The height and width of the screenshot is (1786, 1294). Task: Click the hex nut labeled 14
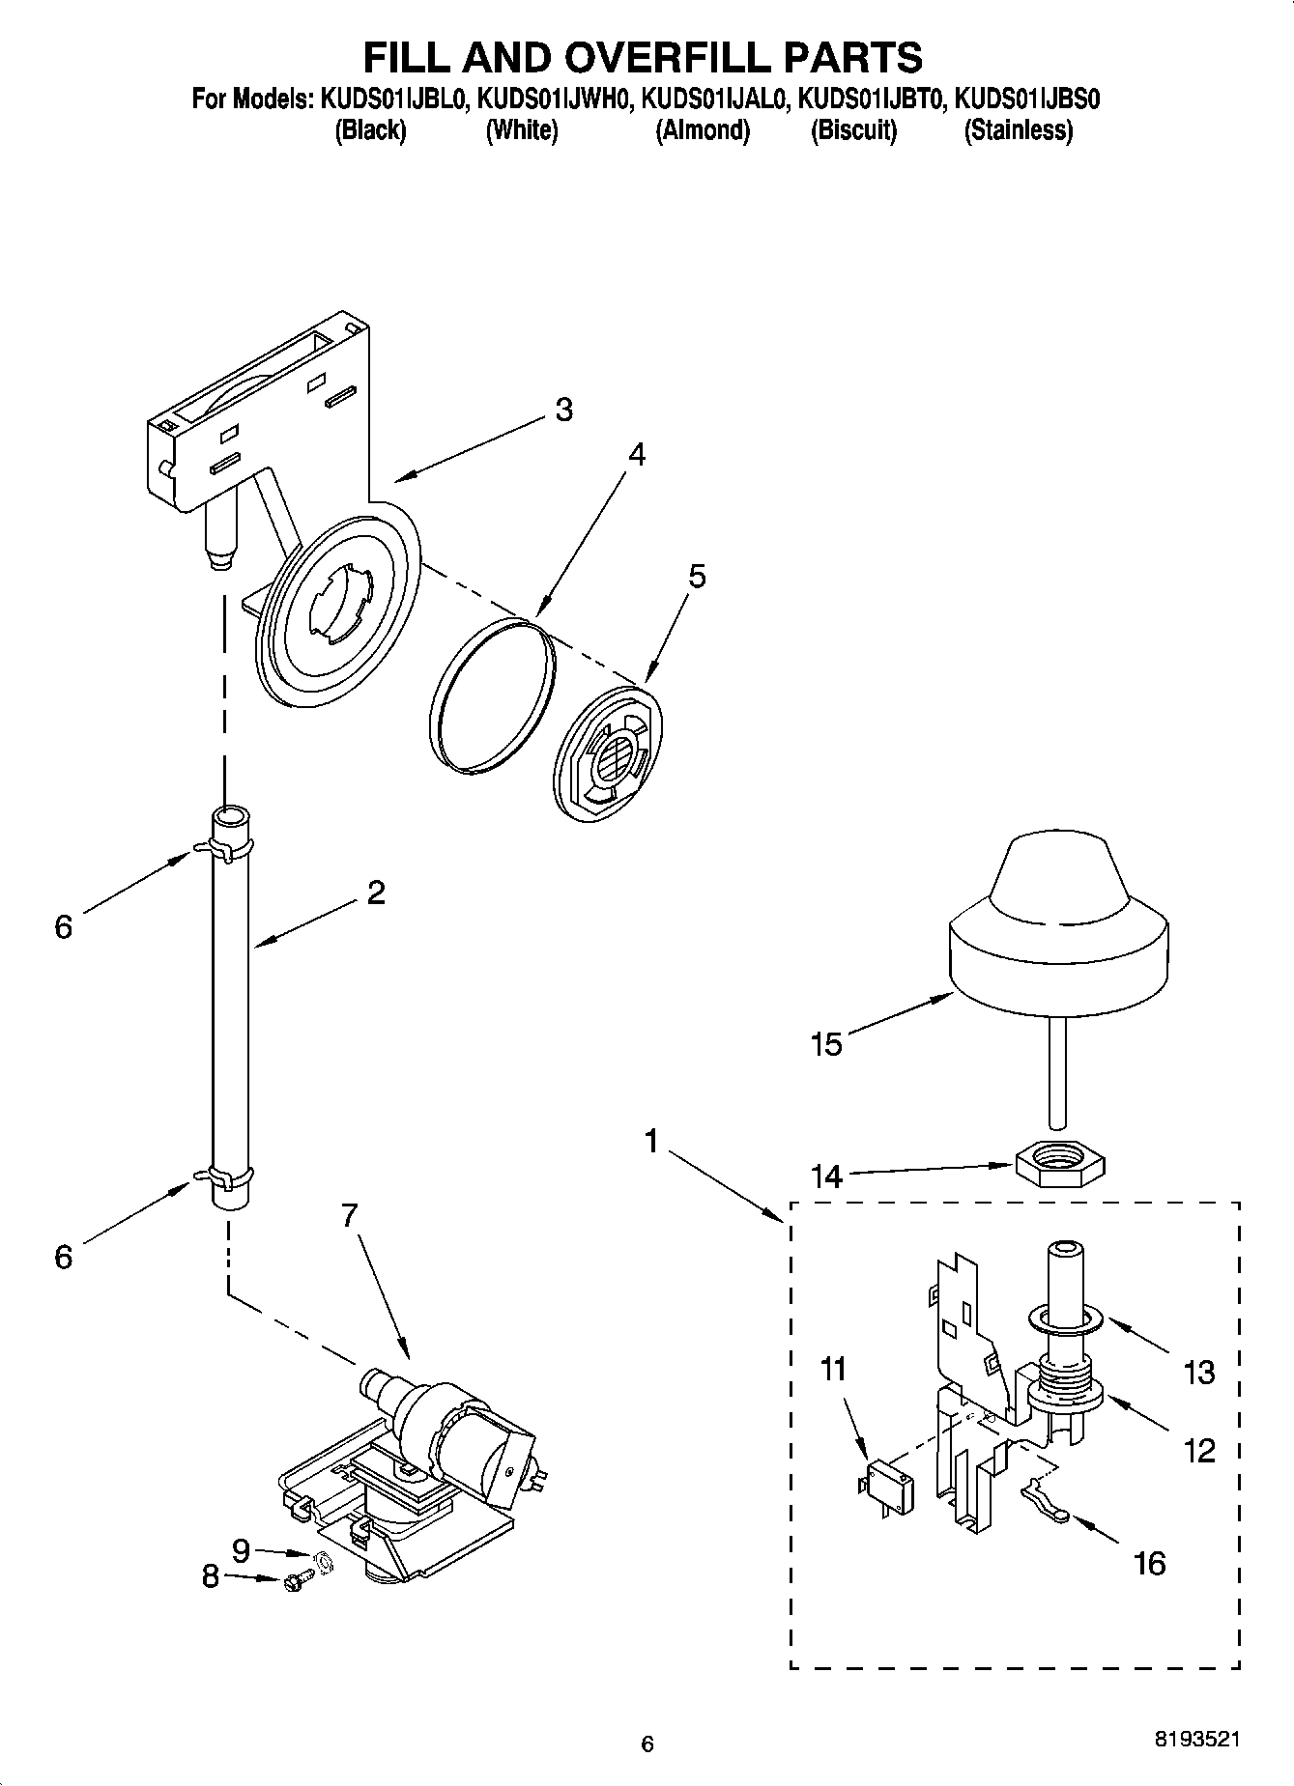(1059, 1162)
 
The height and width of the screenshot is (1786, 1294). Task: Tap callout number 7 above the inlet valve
(349, 1215)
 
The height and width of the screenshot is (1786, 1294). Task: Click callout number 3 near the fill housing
(563, 410)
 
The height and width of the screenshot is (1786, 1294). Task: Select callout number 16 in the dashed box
(1150, 1562)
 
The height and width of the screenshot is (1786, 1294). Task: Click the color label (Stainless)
(1018, 130)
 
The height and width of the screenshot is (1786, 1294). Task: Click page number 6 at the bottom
(647, 1743)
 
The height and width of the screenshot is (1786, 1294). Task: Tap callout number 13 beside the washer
(1198, 1373)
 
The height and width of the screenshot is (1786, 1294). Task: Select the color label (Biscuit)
(853, 130)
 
